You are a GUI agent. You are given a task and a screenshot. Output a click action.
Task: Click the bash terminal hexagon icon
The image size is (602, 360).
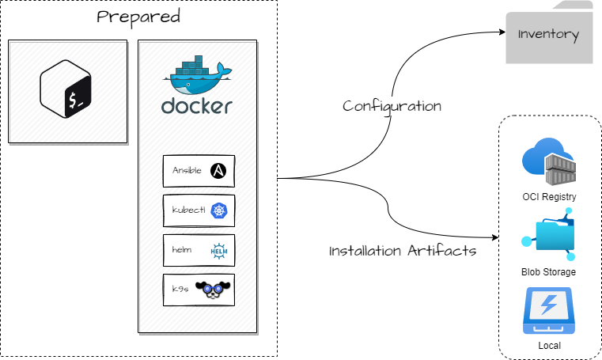(x=67, y=92)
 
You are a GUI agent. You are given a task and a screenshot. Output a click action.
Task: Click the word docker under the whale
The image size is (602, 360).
(x=197, y=106)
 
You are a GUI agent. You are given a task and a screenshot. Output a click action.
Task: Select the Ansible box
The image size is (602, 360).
(x=199, y=171)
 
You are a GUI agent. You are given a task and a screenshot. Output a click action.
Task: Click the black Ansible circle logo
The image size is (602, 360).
(x=219, y=171)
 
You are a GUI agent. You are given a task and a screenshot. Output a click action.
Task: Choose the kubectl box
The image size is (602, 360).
(x=199, y=210)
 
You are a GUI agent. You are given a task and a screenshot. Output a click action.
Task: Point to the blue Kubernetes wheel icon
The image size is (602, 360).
(x=219, y=210)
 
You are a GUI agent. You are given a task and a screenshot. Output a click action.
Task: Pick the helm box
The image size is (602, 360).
(x=199, y=250)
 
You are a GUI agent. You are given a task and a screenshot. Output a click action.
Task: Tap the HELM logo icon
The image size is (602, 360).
(x=219, y=251)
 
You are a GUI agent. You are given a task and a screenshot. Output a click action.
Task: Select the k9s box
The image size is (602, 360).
(x=199, y=290)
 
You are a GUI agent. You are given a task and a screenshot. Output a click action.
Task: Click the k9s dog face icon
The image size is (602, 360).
(x=214, y=290)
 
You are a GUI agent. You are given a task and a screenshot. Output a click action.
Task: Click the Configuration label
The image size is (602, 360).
(x=392, y=106)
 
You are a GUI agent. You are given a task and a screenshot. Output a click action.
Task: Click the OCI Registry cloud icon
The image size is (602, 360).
(x=548, y=162)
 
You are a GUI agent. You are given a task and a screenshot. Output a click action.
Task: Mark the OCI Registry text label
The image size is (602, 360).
(x=549, y=197)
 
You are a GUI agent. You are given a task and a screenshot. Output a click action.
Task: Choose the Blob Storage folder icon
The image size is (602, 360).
(x=549, y=236)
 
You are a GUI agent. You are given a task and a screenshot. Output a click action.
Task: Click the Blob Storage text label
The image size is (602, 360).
(x=548, y=272)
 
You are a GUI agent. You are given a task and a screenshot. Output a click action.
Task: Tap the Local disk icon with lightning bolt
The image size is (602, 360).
(x=549, y=311)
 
